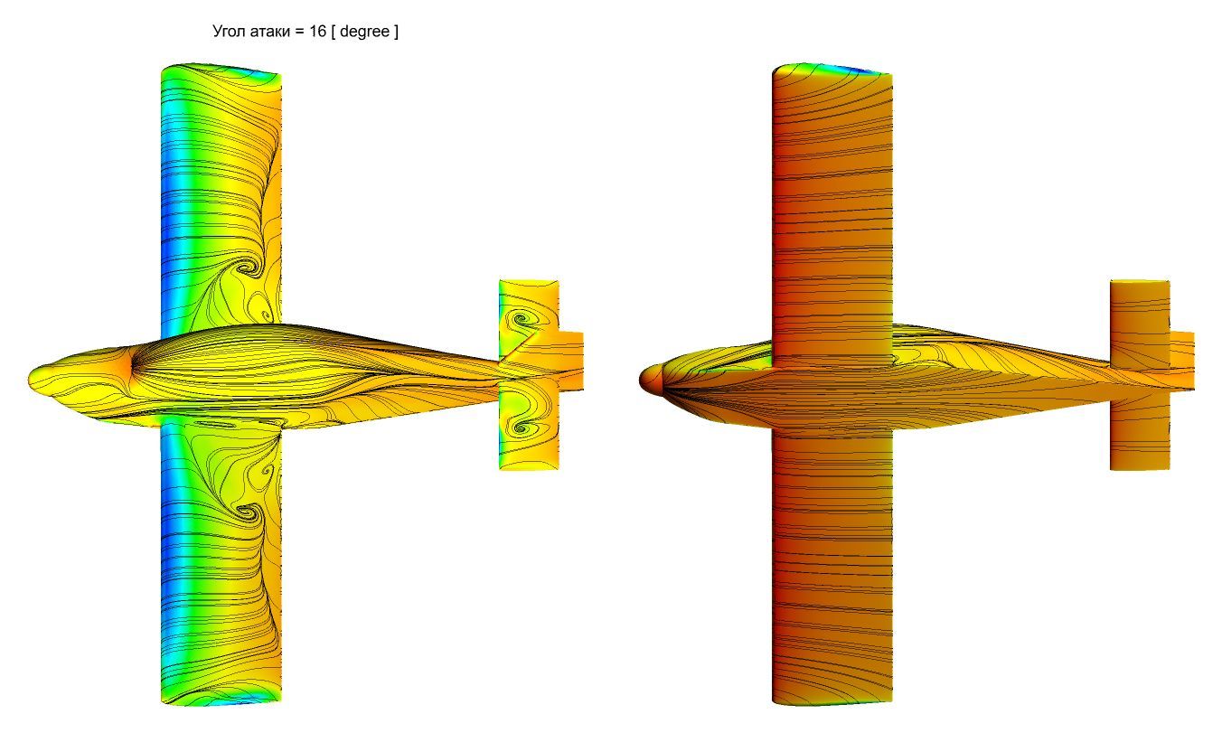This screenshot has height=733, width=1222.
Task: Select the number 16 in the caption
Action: tap(317, 31)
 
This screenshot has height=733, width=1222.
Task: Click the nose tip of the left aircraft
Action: tap(30, 378)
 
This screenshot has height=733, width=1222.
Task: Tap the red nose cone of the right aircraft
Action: tap(650, 379)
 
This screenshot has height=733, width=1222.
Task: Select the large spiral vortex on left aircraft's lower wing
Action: tap(249, 512)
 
